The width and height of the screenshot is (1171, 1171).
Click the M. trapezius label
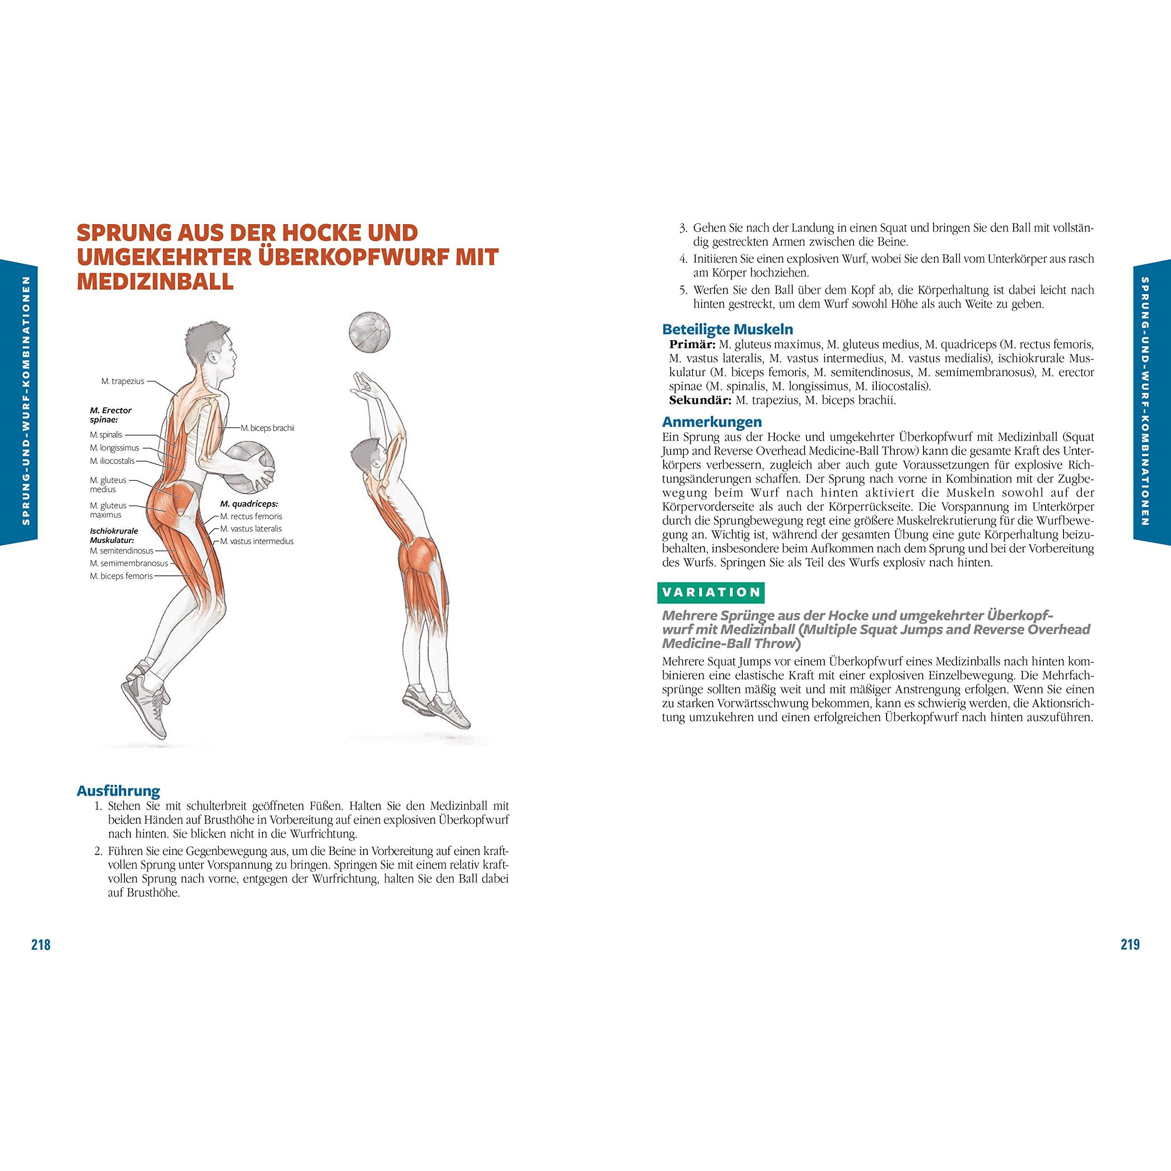pyautogui.click(x=123, y=381)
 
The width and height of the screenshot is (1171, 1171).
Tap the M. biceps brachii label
pyautogui.click(x=267, y=428)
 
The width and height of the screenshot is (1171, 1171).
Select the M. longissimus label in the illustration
pyautogui.click(x=114, y=448)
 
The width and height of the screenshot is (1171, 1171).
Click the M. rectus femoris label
pyautogui.click(x=251, y=516)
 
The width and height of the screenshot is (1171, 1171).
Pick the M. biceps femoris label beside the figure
pyautogui.click(x=121, y=576)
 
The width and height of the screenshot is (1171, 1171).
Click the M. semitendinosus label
pyautogui.click(x=122, y=551)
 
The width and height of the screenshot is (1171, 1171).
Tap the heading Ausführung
pyautogui.click(x=118, y=791)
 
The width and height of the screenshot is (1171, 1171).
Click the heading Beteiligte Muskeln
pyautogui.click(x=727, y=330)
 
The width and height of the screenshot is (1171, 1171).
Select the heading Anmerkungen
pyautogui.click(x=712, y=422)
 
